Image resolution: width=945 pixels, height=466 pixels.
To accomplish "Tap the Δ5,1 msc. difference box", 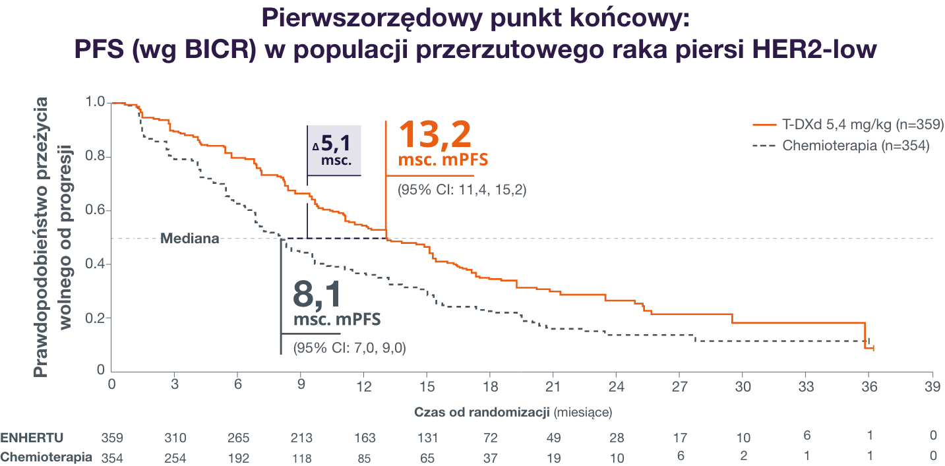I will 334,150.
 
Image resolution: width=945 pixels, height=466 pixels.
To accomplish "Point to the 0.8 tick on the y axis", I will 96,157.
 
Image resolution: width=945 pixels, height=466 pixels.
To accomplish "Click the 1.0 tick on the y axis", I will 96,103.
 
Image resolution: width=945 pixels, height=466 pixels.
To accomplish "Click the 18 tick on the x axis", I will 491,384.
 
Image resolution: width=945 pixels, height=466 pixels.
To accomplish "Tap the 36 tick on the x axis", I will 869,384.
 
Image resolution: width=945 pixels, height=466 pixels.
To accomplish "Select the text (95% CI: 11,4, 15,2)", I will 461,191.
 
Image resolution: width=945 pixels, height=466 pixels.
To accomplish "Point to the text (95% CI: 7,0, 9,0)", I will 350,348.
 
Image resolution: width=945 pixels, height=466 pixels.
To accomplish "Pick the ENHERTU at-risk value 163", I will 365,438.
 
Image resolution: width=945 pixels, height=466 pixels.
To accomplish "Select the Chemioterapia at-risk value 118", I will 301,456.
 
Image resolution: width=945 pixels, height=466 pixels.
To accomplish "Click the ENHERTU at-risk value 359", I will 113,438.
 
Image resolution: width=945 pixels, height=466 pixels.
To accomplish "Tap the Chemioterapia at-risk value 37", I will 491,456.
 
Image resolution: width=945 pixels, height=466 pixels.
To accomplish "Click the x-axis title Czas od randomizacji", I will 483,413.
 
